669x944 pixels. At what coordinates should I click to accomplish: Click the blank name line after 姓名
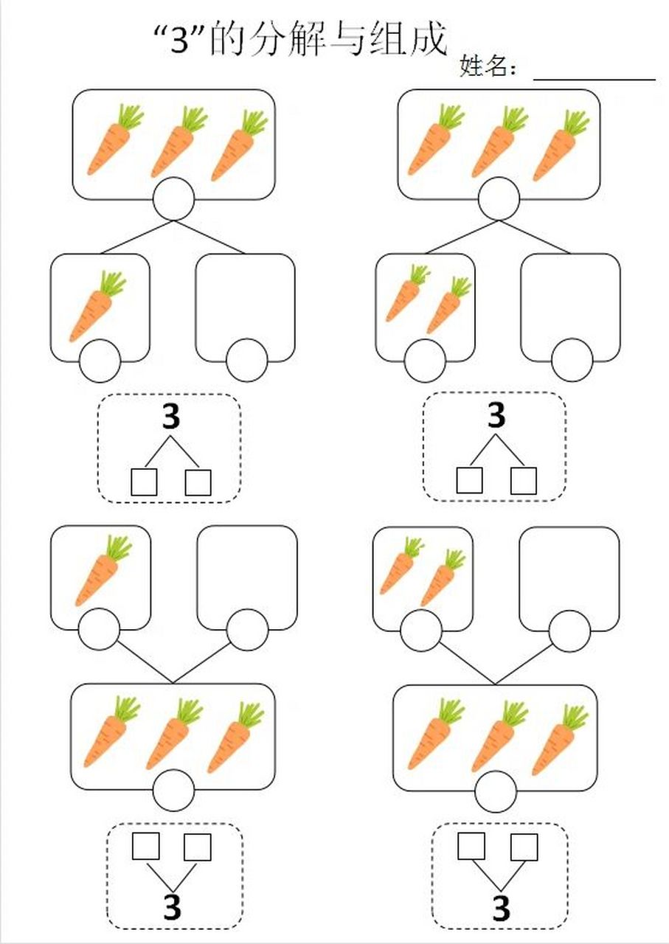point(594,79)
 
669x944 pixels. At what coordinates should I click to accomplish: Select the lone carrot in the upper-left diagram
point(97,305)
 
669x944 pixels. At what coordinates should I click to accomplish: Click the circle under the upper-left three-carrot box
point(173,198)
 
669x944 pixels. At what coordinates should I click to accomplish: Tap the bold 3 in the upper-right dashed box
point(496,414)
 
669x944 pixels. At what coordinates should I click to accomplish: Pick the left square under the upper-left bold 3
point(144,482)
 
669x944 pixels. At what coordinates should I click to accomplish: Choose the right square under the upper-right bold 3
point(524,480)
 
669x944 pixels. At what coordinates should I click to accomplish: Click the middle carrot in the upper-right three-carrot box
point(499,142)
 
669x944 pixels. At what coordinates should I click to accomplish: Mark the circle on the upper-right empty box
point(572,360)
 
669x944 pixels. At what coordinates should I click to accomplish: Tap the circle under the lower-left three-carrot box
point(173,789)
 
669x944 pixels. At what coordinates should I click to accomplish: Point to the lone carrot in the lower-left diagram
point(103,570)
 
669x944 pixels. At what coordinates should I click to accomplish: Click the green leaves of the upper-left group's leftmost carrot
point(131,116)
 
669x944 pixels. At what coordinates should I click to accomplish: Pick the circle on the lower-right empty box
point(569,631)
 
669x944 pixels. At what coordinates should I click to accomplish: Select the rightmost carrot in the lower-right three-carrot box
point(560,740)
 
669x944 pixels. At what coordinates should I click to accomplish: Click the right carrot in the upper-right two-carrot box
point(448,305)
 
